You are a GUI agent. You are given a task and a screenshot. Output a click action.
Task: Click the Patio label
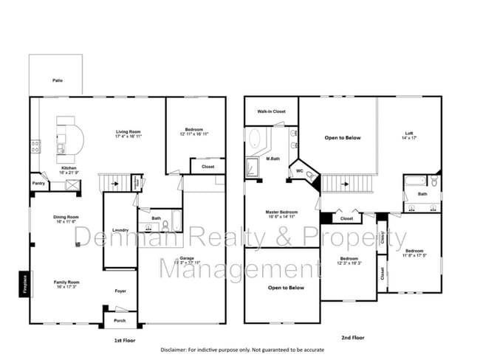coord(57,80)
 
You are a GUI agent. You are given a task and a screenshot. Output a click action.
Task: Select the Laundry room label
coord(120,231)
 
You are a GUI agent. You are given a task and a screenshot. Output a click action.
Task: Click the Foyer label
coord(120,291)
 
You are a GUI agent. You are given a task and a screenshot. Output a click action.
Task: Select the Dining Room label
coord(66,216)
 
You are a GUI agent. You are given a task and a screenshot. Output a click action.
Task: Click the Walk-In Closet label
coord(271,111)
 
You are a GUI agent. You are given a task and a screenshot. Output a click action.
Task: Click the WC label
coord(299,170)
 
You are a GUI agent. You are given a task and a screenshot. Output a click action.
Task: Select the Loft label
coord(408,134)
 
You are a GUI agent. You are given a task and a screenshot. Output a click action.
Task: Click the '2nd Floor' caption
coord(352,337)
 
